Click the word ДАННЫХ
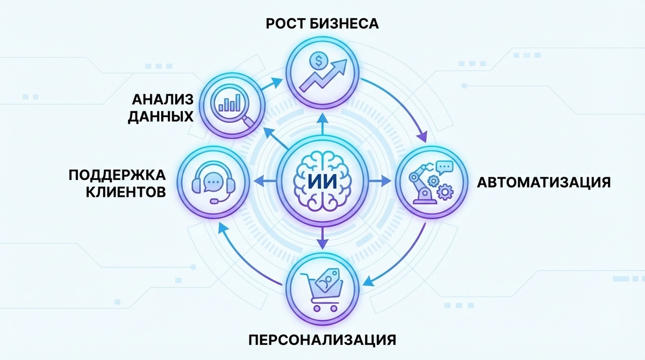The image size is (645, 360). [161, 117]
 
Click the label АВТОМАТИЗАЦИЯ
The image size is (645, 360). [543, 181]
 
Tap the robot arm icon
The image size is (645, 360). [424, 185]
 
